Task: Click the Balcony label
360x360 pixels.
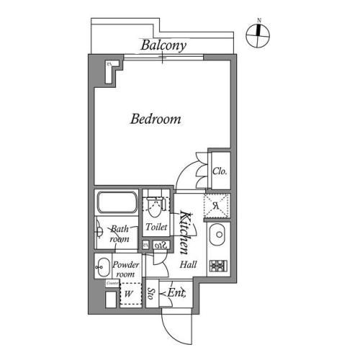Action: point(163,45)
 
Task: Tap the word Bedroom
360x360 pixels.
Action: point(155,119)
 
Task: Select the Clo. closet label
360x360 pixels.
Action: point(220,171)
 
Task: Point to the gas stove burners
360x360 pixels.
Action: point(217,266)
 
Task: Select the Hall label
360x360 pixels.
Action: point(189,265)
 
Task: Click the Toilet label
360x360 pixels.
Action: point(156,227)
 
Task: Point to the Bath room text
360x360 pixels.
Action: point(120,233)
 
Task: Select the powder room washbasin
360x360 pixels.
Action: point(102,266)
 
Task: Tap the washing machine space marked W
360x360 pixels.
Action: point(129,294)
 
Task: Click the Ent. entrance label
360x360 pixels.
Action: point(175,293)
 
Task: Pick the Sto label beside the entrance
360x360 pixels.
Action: point(152,294)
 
